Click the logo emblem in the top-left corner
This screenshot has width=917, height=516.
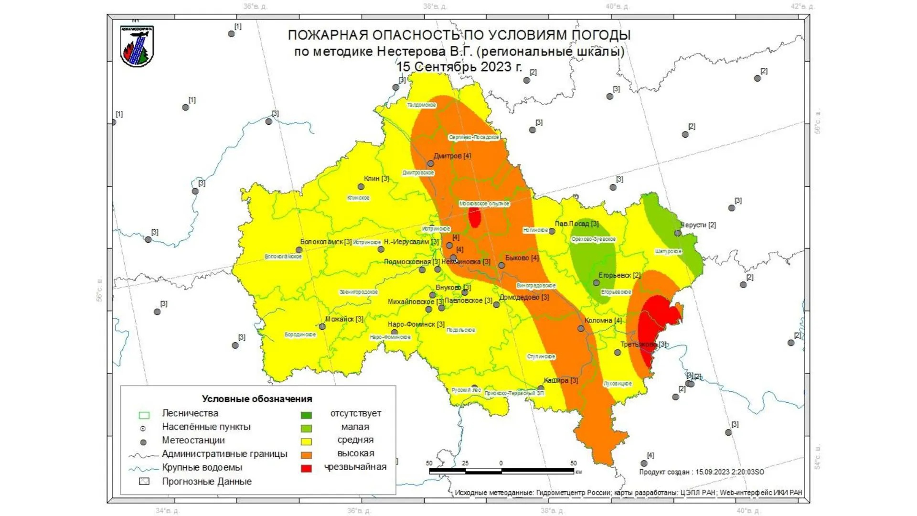137,46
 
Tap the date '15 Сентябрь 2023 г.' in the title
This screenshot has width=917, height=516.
459,66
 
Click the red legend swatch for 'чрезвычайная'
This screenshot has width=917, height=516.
306,469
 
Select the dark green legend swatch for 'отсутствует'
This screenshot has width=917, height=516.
306,415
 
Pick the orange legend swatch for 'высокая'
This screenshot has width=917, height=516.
306,455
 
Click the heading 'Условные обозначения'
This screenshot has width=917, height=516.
257,399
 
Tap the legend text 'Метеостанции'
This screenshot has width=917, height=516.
193,441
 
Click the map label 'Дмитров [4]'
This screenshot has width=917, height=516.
452,156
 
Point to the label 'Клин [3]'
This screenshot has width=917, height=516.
376,178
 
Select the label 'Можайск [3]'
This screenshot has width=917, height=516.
344,319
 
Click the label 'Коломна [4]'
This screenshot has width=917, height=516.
603,321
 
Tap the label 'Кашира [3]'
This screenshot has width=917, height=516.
561,380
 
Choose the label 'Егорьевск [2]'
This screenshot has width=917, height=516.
619,275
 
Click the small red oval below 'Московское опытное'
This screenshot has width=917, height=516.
474,217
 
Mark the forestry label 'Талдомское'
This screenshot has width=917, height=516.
421,105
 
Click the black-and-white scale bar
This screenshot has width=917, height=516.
501,471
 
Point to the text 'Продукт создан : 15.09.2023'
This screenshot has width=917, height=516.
701,472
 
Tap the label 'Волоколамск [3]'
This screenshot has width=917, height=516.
326,242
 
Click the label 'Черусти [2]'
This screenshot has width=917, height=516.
698,225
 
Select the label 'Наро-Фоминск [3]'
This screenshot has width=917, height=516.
416,324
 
